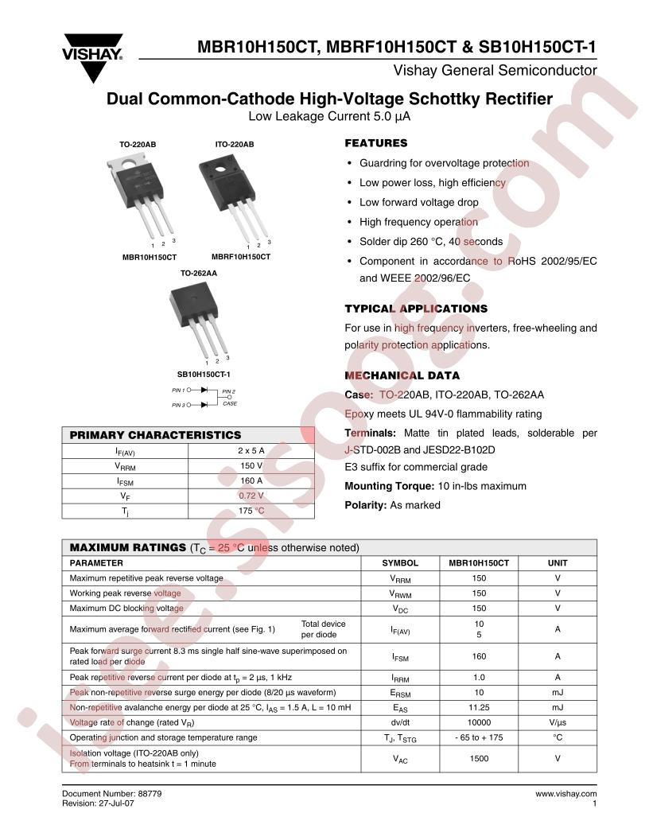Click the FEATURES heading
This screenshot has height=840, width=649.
click(375, 143)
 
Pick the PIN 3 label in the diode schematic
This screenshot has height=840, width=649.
click(178, 405)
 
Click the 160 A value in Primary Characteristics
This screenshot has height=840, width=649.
click(251, 480)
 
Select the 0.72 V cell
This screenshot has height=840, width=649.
click(251, 496)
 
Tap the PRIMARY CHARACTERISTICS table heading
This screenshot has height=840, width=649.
click(155, 435)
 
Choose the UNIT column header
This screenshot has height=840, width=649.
click(558, 562)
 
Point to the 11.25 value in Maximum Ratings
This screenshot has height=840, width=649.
click(479, 707)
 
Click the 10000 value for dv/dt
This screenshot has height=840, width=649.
click(479, 722)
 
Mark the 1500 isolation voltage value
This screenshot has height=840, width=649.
click(479, 758)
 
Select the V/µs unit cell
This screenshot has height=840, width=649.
click(558, 722)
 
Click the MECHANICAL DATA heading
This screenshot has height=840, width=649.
click(402, 375)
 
